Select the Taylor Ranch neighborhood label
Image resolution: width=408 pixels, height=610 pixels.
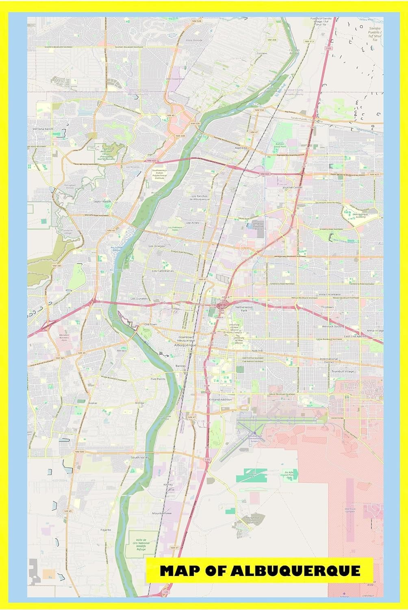click(x=102, y=202)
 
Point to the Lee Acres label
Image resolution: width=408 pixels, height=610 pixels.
click(x=192, y=223)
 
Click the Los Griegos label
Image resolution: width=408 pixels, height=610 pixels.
click(x=156, y=246)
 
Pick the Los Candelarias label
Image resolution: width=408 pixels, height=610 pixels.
click(x=163, y=270)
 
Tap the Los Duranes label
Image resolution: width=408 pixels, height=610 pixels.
click(x=139, y=298)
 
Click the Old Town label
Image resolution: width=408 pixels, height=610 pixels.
click(x=150, y=324)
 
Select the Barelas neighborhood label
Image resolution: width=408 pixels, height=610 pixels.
click(x=180, y=366)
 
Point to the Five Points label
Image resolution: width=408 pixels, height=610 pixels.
click(x=158, y=379)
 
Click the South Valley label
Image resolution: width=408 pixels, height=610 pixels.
click(x=140, y=457)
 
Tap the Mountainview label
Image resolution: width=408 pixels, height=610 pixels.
click(x=162, y=513)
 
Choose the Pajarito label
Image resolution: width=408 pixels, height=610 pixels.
click(x=106, y=530)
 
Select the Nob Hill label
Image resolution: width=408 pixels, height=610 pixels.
click(x=257, y=350)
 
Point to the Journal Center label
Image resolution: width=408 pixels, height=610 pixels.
click(x=292, y=187)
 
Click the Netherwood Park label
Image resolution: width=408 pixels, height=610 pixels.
click(x=244, y=309)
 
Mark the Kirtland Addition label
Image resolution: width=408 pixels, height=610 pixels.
click(x=220, y=399)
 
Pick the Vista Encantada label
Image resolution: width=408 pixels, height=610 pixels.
click(x=330, y=294)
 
